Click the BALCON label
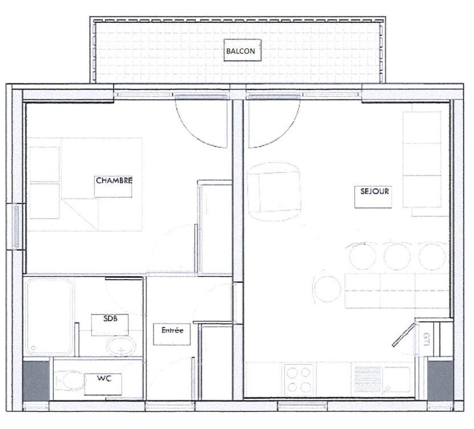240,51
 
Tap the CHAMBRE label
114,180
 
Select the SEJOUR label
374,191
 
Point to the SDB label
111,318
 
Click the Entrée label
172,330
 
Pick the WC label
104,378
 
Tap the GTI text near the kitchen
427,339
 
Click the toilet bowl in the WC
70,381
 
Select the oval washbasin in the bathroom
121,346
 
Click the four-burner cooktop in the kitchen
299,379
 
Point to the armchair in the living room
274,192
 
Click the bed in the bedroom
85,185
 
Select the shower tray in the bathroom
49,317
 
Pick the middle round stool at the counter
397,257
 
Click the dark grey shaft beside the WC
36,381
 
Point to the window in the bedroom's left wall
17,226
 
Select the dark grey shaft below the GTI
440,381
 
